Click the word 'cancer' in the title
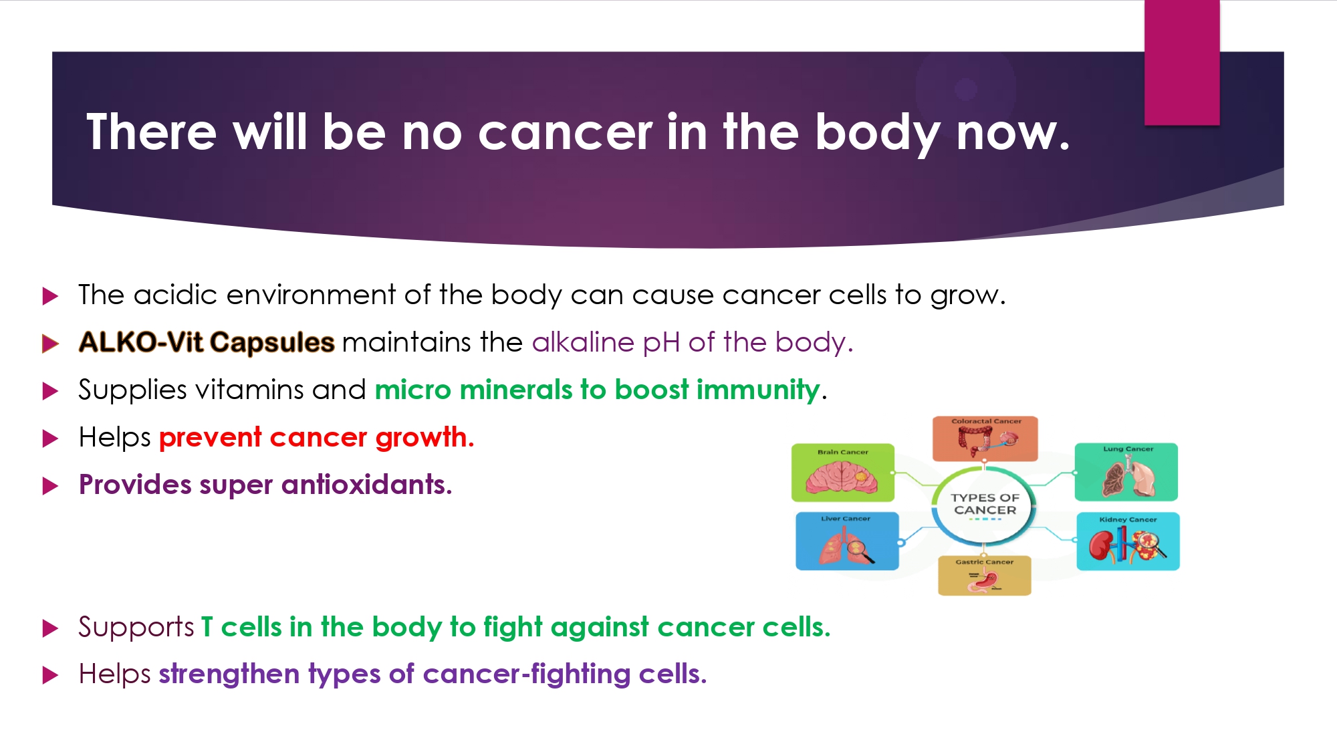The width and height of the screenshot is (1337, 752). [565, 132]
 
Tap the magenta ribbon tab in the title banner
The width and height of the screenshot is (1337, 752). [1182, 62]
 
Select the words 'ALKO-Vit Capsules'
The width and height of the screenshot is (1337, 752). [207, 342]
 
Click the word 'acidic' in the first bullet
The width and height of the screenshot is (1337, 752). [175, 295]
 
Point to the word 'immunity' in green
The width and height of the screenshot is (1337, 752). [758, 390]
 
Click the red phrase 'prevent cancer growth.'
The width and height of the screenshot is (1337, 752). [317, 438]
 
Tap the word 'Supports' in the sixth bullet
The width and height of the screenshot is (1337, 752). [136, 628]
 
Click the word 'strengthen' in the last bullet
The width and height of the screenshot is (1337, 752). [229, 674]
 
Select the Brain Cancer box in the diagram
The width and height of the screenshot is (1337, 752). [843, 473]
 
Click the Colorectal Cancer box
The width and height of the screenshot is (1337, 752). [985, 438]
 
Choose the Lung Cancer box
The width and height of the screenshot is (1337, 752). [1126, 472]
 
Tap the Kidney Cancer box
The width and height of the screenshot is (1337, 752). [1128, 541]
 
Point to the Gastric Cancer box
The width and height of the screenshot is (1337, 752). [985, 576]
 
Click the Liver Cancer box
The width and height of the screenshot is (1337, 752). [847, 541]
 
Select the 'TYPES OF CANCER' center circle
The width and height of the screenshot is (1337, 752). [985, 505]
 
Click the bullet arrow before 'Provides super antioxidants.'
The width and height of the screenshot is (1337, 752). [51, 486]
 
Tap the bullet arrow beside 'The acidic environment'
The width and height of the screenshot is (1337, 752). [51, 296]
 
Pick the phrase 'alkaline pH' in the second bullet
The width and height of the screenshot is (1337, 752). [606, 343]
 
